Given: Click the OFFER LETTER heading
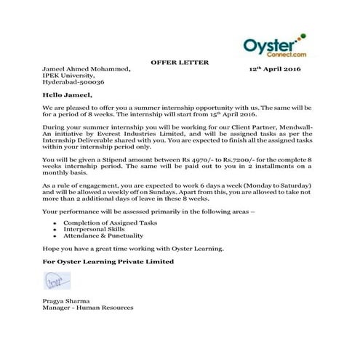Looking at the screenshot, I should [x=179, y=63].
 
